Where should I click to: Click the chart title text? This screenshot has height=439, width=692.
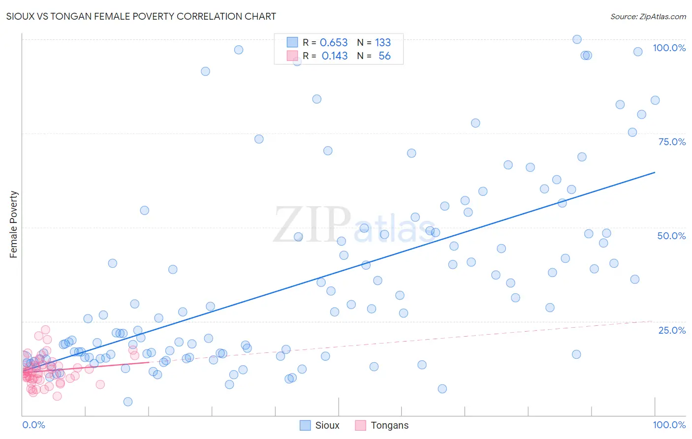click(141, 16)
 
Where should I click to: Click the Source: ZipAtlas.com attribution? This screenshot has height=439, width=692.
click(648, 16)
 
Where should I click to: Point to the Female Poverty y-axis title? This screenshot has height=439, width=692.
click(13, 224)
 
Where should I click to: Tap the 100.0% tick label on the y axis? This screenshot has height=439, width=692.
click(669, 48)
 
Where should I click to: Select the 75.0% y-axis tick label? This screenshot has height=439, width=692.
click(672, 142)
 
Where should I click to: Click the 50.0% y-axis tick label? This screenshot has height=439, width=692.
click(671, 236)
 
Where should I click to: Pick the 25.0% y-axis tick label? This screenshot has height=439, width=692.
click(672, 330)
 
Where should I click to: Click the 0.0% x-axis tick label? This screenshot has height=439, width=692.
click(33, 425)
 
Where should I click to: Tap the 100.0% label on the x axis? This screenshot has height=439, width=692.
click(669, 425)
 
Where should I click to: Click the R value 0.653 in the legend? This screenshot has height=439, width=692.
click(334, 43)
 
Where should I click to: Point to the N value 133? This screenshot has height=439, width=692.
click(382, 43)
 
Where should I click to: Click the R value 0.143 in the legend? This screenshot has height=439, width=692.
click(334, 56)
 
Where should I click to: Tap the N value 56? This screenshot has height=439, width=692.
click(384, 56)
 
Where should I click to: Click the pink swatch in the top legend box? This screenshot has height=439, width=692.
click(292, 56)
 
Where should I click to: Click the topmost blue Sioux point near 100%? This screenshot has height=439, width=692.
click(577, 39)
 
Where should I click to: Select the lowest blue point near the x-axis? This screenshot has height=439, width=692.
click(128, 402)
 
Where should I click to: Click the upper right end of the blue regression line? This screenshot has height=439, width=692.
click(655, 172)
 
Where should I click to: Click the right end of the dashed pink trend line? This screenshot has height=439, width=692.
click(655, 321)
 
